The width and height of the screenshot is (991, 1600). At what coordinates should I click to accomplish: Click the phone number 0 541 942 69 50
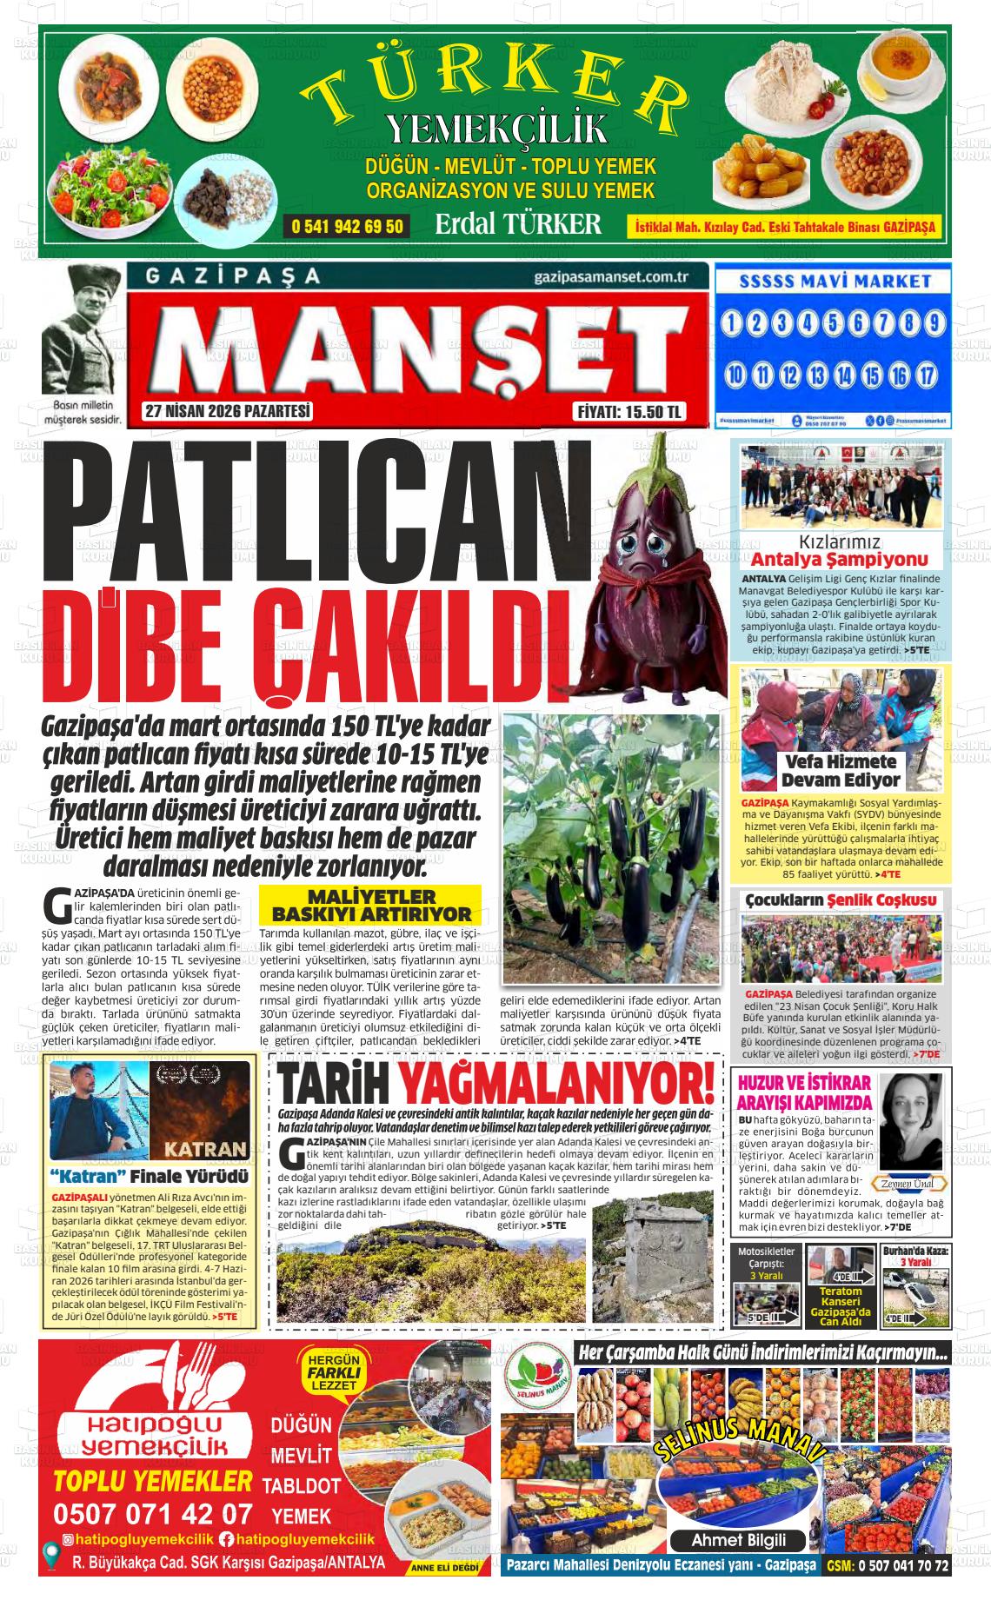[x=348, y=227]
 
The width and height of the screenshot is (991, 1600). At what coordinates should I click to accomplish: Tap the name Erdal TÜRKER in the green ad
[x=518, y=224]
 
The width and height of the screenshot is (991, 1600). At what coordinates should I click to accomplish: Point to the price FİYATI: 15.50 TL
[x=631, y=412]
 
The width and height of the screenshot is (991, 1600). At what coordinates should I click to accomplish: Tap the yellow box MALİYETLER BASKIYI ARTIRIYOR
[x=371, y=905]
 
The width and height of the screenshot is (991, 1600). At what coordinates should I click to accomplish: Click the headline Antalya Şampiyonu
[x=839, y=560]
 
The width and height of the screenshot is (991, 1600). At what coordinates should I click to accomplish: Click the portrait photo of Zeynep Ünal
[x=910, y=1121]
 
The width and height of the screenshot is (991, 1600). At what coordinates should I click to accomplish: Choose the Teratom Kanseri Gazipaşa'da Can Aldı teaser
[x=840, y=1305]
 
